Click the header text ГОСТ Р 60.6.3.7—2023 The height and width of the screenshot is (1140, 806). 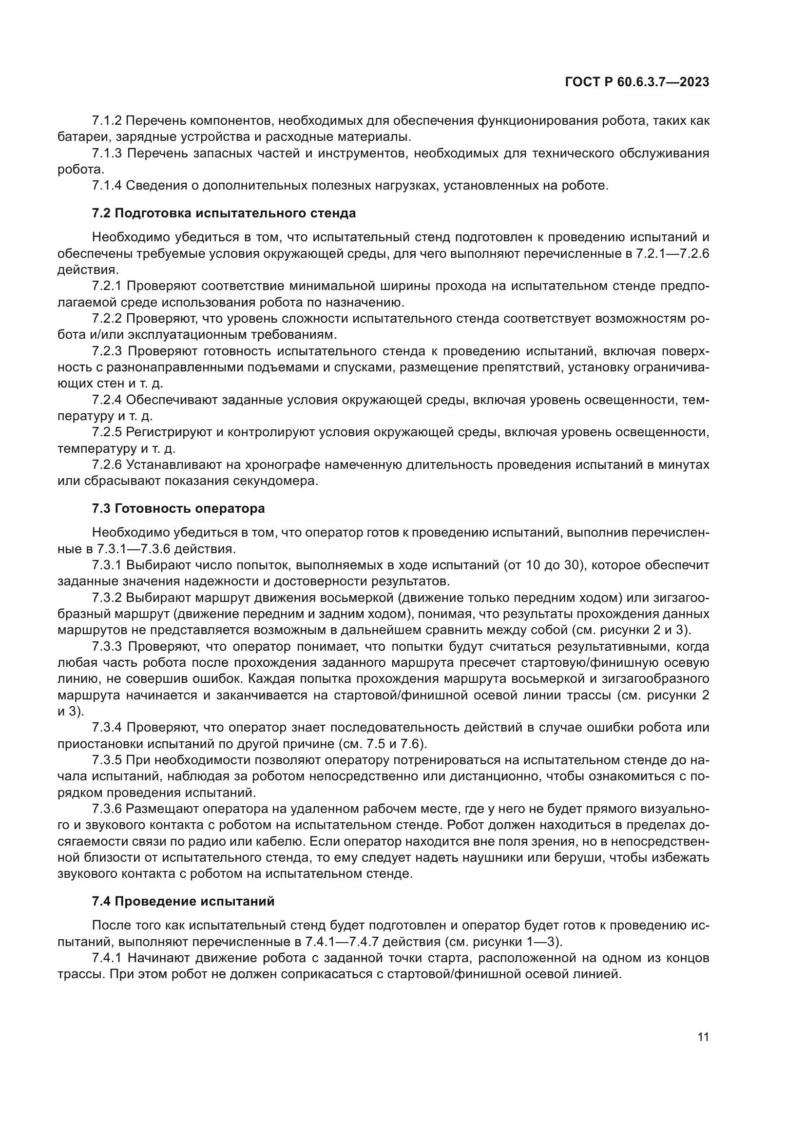[x=637, y=82]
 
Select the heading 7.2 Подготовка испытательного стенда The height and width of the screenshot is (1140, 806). [x=224, y=213]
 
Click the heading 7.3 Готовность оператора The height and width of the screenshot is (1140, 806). [x=178, y=508]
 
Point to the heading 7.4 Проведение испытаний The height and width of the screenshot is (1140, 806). [x=183, y=901]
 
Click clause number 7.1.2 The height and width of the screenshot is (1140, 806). [x=107, y=121]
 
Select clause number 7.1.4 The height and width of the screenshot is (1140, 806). [x=107, y=186]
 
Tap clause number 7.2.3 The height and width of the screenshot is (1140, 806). [x=107, y=351]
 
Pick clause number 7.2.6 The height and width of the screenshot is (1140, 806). [x=107, y=465]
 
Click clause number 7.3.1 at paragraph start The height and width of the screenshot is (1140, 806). [x=107, y=565]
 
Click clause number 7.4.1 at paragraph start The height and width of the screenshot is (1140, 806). [x=107, y=958]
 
